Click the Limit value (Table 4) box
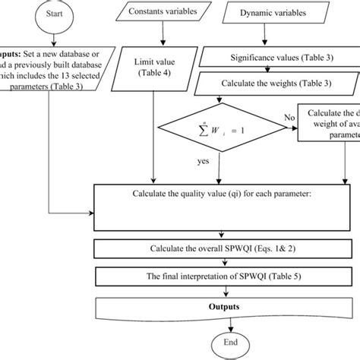pos(156,66)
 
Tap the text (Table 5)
pos(280,276)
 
